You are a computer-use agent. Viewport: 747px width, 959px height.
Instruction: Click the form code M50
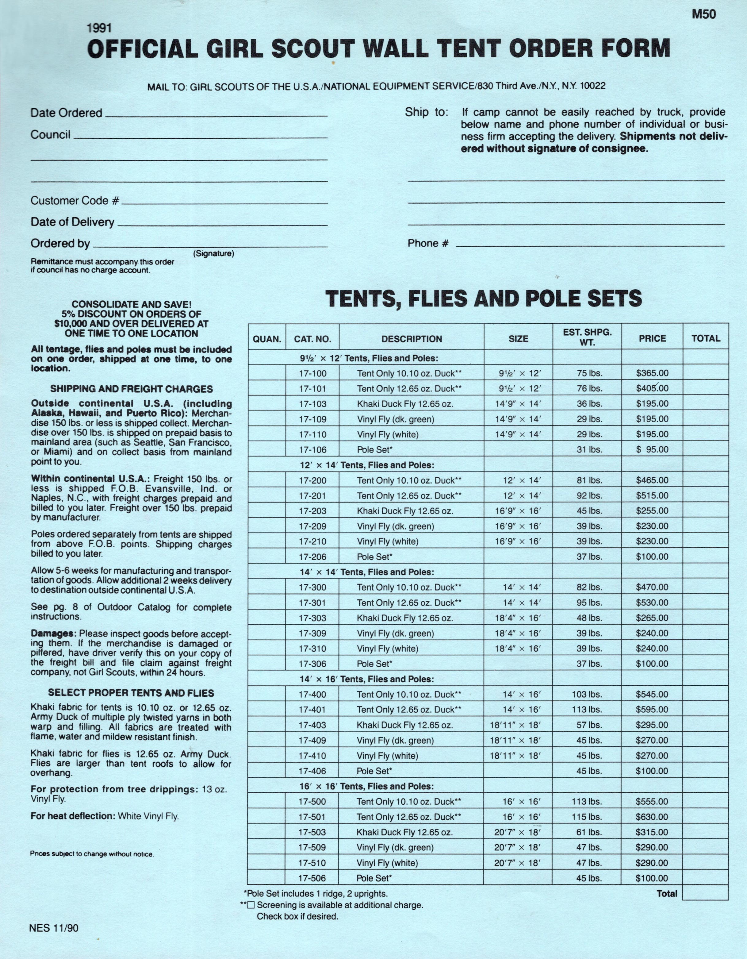[x=703, y=14]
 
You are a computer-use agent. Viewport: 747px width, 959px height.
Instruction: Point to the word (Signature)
[x=214, y=253]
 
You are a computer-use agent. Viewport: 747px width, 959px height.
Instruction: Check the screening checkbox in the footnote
[x=251, y=905]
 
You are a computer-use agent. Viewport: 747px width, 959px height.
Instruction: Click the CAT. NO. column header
[x=312, y=339]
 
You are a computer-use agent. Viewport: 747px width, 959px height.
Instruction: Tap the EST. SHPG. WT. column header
[x=587, y=337]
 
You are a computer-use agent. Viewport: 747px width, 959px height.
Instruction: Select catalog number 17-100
[x=312, y=374]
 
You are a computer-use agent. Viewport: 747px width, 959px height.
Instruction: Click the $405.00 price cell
[x=652, y=389]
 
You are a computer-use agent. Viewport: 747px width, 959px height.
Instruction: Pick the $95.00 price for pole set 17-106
[x=652, y=450]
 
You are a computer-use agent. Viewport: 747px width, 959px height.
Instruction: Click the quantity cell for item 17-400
[x=267, y=695]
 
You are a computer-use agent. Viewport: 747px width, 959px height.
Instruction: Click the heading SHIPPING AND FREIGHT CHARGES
[x=131, y=389]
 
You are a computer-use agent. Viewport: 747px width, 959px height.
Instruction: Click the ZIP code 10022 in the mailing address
[x=592, y=86]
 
